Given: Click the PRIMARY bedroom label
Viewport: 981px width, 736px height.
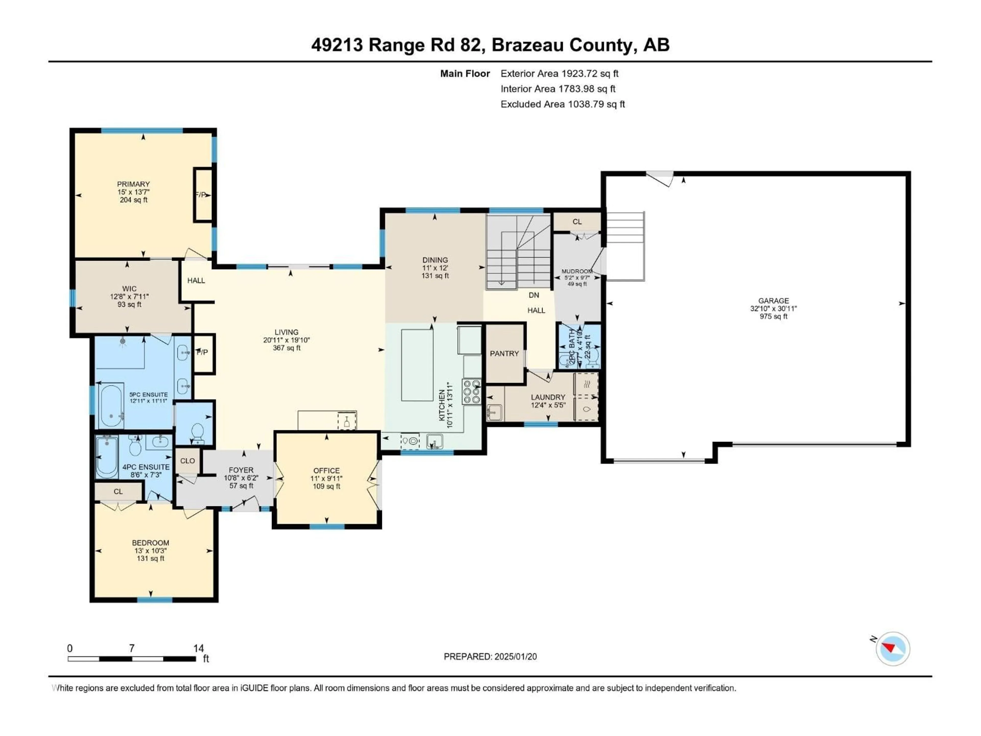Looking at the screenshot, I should (x=133, y=184).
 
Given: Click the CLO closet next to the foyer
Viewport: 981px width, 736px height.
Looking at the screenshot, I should (x=187, y=461).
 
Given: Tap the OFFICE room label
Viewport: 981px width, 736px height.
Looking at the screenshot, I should (x=326, y=471).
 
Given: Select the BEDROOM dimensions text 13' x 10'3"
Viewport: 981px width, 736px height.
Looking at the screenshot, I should (x=150, y=550).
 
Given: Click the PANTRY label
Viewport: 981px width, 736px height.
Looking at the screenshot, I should (x=504, y=354).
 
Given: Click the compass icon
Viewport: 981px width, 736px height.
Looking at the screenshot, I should (x=893, y=649).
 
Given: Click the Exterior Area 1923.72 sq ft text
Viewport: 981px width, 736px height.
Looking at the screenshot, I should (x=559, y=74).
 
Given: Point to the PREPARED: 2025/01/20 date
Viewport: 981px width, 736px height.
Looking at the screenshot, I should (x=490, y=657).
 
